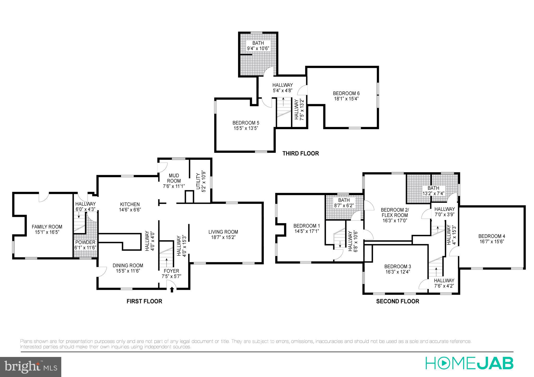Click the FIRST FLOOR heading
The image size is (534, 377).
144,301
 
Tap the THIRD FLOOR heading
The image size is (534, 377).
301,153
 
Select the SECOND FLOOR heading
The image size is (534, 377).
397,301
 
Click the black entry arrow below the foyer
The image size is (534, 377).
172,290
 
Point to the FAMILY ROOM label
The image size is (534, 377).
47,227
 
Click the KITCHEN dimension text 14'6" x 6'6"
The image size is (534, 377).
130,210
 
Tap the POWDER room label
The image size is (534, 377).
85,242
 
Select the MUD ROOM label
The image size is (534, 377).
174,178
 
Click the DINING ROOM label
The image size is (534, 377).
128,266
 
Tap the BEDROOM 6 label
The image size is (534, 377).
346,93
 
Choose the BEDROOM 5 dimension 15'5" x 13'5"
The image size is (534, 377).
246,128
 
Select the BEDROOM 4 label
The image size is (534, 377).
491,236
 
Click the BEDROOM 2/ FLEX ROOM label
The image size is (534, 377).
395,212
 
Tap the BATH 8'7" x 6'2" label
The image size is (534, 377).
344,200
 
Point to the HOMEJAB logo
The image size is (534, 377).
469,363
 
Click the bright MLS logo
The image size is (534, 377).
31,367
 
